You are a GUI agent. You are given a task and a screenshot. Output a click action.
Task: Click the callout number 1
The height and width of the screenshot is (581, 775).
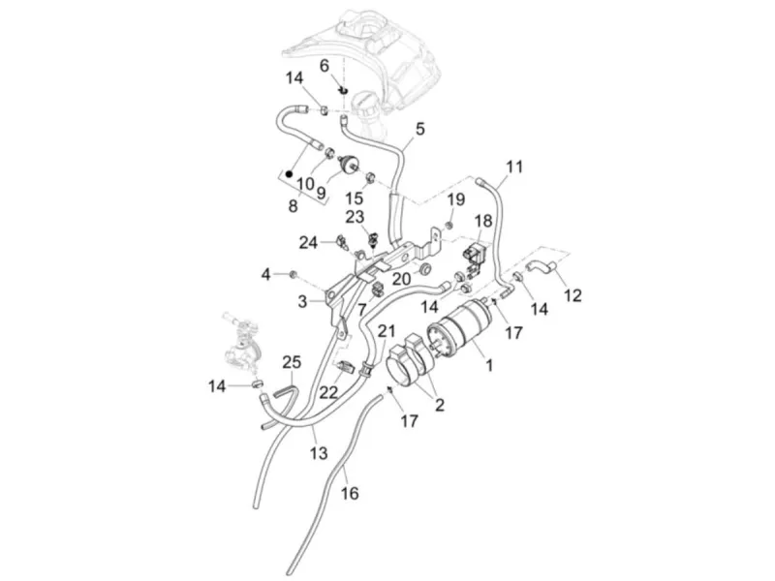[x=489, y=366]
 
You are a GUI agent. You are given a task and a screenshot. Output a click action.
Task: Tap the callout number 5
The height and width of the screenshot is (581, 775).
[x=419, y=130]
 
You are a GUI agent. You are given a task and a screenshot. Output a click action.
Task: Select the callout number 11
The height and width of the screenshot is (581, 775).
[x=514, y=167]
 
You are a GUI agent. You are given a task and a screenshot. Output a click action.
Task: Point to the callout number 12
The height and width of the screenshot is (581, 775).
[x=573, y=295]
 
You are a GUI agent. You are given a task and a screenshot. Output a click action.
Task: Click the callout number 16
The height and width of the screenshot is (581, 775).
[x=350, y=493]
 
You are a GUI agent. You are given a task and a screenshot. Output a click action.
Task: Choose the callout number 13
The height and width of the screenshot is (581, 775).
[x=319, y=452]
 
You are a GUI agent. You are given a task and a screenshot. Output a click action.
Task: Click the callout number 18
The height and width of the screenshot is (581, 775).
[x=483, y=221]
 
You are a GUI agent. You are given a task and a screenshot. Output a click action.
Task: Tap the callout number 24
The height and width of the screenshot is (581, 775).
[x=308, y=243]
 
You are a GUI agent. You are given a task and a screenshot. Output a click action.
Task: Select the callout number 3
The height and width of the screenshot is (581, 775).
[x=302, y=301]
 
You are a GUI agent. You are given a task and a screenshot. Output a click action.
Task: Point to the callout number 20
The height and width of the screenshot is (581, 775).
[x=401, y=279]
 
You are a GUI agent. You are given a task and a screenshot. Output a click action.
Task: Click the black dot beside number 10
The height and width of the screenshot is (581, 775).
[x=289, y=174]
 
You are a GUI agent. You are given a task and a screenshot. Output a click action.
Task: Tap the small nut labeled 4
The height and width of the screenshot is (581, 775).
[x=293, y=274]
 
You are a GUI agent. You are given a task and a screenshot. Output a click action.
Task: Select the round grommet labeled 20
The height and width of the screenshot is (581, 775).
[x=424, y=270]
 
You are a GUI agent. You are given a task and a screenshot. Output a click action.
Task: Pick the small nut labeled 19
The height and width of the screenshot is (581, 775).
[x=449, y=226]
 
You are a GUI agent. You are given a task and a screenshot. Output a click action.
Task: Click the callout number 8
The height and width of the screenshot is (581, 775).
[x=294, y=205]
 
